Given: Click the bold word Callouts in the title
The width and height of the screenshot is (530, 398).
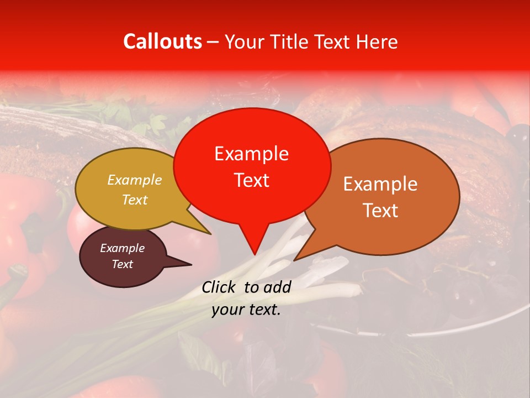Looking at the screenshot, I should tap(162, 41).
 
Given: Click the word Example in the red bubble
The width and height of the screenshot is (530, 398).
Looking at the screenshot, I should tap(251, 154).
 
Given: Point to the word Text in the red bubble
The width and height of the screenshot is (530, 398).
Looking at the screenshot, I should tap(251, 180).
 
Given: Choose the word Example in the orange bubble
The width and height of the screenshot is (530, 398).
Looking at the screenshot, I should tap(380, 184).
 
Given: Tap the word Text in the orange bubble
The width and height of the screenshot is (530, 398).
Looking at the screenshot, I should tap(380, 211).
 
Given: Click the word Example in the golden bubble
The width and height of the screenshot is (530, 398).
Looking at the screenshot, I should tap(135, 180).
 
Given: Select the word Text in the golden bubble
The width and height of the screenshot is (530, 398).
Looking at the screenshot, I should tap(135, 200).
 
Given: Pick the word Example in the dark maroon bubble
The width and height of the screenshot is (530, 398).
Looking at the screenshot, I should tap(122, 248).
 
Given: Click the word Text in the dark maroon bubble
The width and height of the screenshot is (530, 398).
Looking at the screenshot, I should tap(122, 264).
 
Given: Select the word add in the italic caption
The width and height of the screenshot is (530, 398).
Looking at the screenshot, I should tap(277, 287).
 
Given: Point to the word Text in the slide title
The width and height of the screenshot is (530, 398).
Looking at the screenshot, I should tap(332, 41).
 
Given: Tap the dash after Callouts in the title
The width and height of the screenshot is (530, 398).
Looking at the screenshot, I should tap(213, 43).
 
